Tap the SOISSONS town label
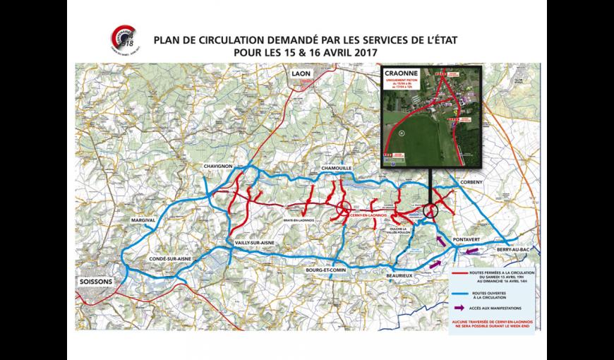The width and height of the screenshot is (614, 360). point(97,280)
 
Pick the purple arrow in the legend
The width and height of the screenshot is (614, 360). point(459,307)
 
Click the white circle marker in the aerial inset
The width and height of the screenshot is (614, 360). point(399,131)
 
